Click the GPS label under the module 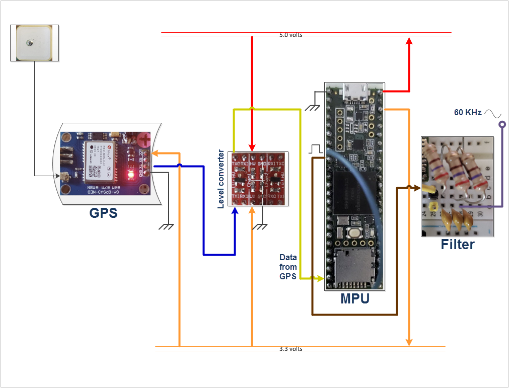pos(103,213)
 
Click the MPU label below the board pos(354,298)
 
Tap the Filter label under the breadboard pos(458,245)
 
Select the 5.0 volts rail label pos(290,35)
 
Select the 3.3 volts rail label pos(291,349)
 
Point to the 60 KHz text pos(468,113)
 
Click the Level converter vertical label pos(221,179)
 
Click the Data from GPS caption pos(288,267)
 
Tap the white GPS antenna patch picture pos(34,43)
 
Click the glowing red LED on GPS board pos(130,175)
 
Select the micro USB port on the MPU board pos(355,93)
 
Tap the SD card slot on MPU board pos(354,267)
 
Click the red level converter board pos(259,179)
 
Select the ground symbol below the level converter pos(260,226)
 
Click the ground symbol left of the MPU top pos(314,107)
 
